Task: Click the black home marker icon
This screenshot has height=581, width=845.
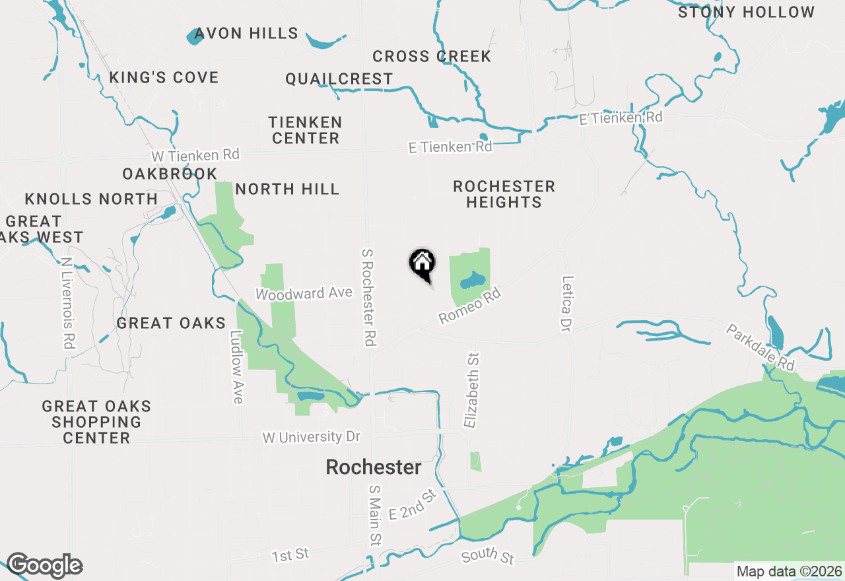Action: tap(422, 263)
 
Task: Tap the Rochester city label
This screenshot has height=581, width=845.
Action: tap(373, 467)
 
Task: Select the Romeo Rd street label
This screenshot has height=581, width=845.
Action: tap(471, 305)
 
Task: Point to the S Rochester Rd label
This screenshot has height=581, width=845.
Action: tap(369, 297)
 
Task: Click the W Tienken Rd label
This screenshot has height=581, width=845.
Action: tap(195, 156)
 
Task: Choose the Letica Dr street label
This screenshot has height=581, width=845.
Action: tap(566, 304)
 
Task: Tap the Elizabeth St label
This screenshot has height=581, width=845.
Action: tap(471, 390)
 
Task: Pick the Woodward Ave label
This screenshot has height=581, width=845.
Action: tap(304, 293)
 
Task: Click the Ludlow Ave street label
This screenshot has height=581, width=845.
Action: tap(236, 367)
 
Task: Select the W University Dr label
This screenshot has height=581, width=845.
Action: tap(312, 438)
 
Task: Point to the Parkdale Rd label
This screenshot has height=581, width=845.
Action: tap(760, 347)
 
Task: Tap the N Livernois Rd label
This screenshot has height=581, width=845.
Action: tap(67, 303)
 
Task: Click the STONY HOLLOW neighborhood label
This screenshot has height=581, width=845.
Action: tap(746, 12)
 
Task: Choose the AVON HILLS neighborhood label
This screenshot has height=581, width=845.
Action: tap(246, 33)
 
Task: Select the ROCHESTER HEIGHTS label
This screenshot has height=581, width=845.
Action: tap(504, 194)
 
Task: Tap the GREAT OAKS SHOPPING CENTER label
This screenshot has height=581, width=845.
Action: tap(96, 422)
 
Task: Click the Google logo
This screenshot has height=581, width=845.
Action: tap(44, 566)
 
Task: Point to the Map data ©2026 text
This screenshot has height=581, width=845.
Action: tap(789, 571)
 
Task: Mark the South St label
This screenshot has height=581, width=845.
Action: tap(488, 556)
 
